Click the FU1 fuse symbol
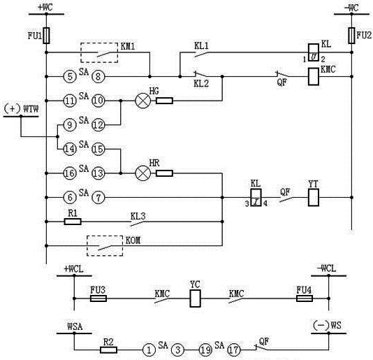click(x=46, y=35)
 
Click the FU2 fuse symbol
click(x=351, y=35)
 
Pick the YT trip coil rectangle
click(x=313, y=199)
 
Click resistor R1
click(x=73, y=222)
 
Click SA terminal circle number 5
click(x=68, y=77)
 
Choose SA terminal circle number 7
click(x=101, y=198)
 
